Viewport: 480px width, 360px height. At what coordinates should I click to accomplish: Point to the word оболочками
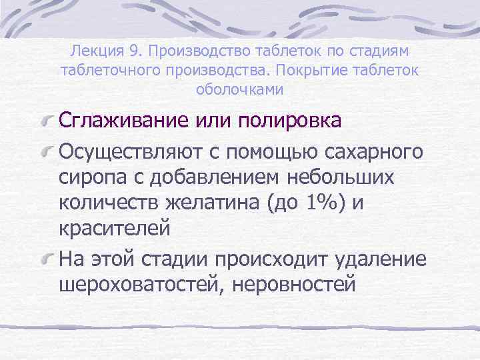point(240,89)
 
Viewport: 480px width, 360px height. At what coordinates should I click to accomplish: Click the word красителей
point(115,228)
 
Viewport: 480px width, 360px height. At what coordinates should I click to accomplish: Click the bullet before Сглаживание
point(47,121)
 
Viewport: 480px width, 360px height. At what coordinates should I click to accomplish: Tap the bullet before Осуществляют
point(47,152)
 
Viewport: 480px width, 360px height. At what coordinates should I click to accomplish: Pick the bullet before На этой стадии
point(47,259)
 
